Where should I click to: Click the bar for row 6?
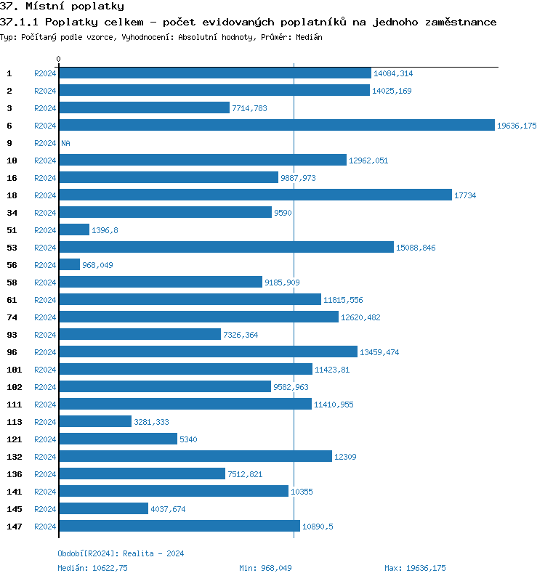[x=276, y=126]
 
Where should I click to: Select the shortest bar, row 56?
[x=69, y=265]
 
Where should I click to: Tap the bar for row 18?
[x=255, y=195]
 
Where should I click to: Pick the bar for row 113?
[x=95, y=422]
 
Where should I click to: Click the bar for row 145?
[x=103, y=509]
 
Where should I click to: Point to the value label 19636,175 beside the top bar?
[x=517, y=126]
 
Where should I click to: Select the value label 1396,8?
[x=105, y=230]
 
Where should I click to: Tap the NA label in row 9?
[x=65, y=143]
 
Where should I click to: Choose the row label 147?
[x=14, y=527]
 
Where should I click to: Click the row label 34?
[x=12, y=213]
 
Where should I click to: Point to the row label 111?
[x=14, y=405]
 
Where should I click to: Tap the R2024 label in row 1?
[x=45, y=73]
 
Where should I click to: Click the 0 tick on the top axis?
[x=59, y=59]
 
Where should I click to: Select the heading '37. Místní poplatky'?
[x=62, y=7]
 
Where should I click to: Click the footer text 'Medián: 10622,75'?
[x=92, y=568]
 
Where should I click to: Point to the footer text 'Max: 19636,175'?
[x=415, y=568]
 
